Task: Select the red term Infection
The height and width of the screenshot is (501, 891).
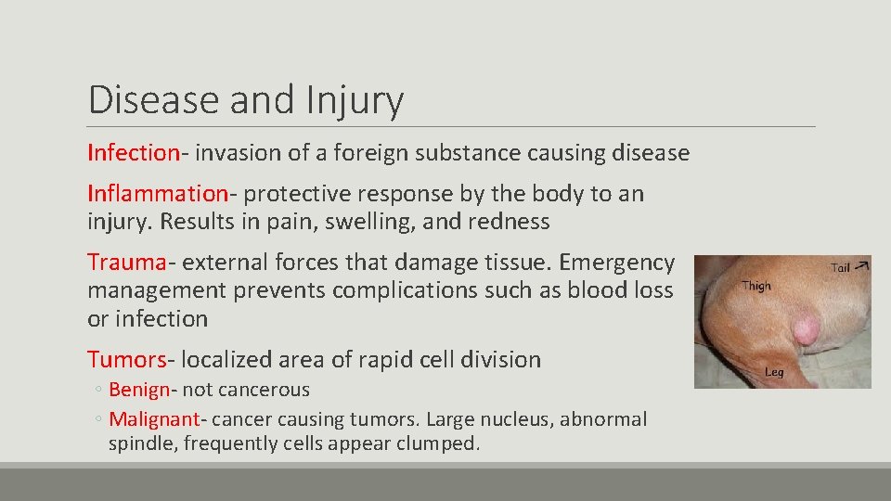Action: tap(133, 152)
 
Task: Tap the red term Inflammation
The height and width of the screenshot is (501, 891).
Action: tap(157, 193)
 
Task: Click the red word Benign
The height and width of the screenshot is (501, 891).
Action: tap(138, 390)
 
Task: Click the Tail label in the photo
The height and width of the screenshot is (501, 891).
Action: tap(840, 267)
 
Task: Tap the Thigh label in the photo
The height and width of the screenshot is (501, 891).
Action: tap(756, 286)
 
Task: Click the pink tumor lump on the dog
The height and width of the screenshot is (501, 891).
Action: tap(805, 328)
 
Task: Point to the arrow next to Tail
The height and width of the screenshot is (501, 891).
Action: tap(863, 263)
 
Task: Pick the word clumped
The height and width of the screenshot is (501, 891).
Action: tap(439, 443)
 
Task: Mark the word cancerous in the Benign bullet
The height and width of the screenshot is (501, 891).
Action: tap(265, 390)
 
